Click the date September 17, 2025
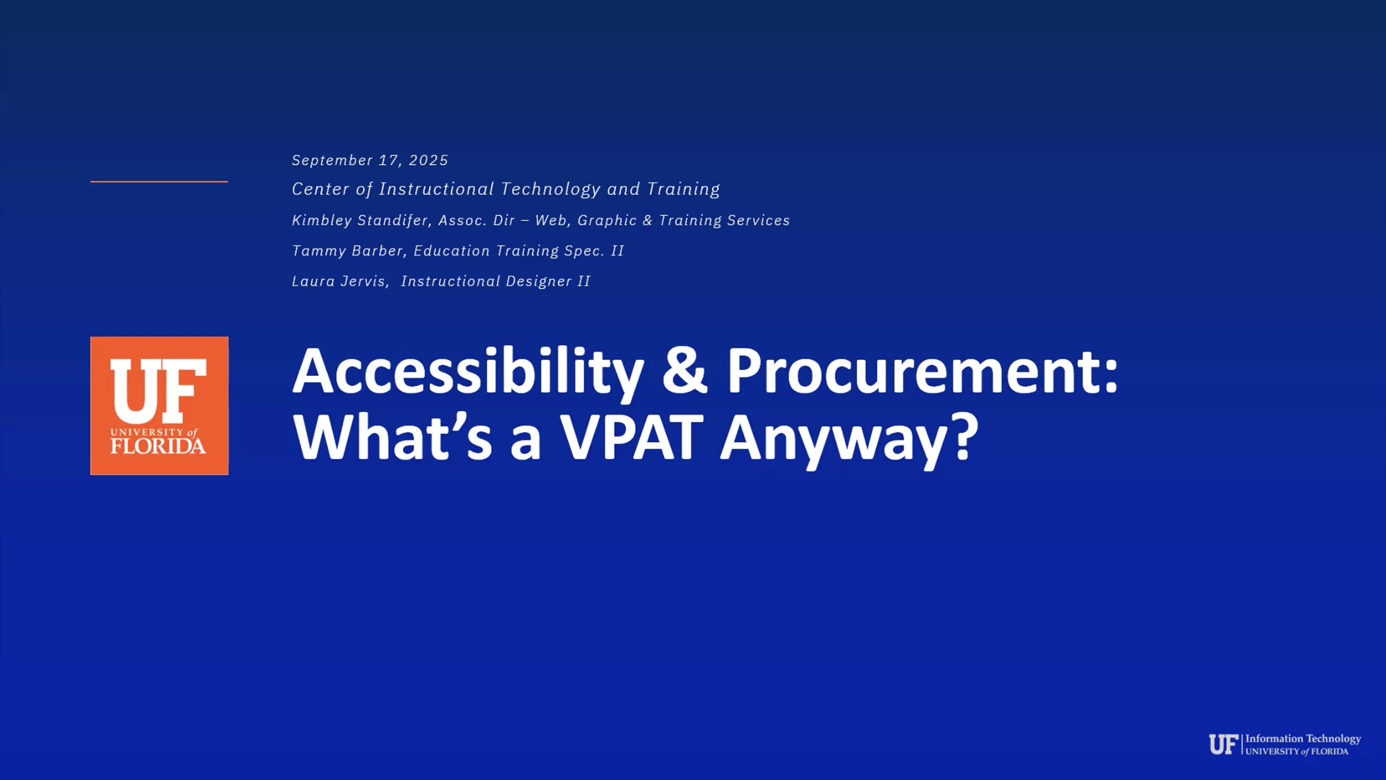click(370, 160)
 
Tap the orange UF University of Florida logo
click(160, 405)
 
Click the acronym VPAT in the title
click(632, 436)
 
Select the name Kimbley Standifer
click(360, 220)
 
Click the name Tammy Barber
click(347, 250)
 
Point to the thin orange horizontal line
click(159, 182)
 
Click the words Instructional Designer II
click(496, 281)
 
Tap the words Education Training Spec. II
click(519, 250)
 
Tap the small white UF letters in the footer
click(1223, 744)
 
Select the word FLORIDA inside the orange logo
click(158, 446)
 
